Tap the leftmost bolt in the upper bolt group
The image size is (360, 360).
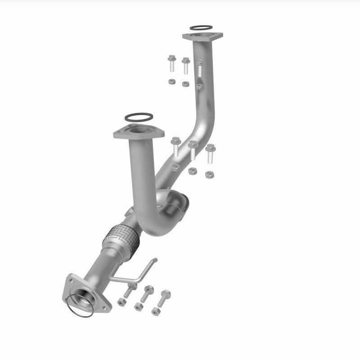(171, 63)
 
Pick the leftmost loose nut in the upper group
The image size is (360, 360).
(171, 81)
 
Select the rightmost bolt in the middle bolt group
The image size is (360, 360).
(210, 153)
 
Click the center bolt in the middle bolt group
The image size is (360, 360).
(193, 150)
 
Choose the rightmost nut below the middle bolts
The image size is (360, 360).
(209, 174)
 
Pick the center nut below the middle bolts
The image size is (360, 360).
(192, 171)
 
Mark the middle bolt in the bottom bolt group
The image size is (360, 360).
(148, 293)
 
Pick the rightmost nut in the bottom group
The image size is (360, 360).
(156, 311)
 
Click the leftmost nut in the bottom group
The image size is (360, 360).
(122, 302)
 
